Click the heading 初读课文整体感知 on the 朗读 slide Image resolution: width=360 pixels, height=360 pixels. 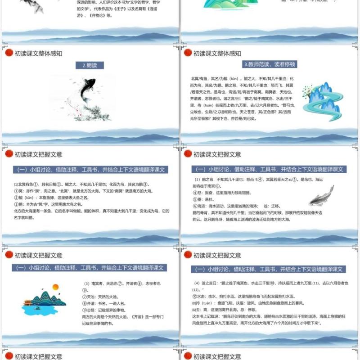click(x=38, y=54)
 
